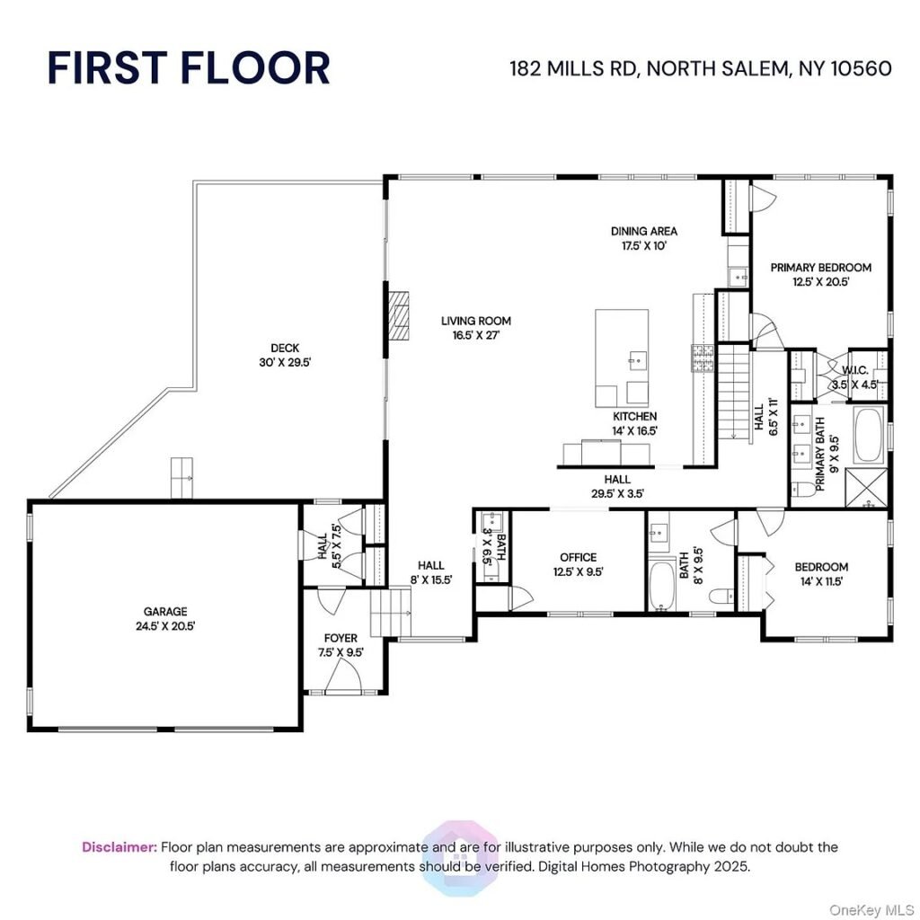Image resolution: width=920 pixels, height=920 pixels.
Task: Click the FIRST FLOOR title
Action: (x=189, y=68)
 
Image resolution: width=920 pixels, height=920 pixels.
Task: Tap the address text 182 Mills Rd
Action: (x=574, y=68)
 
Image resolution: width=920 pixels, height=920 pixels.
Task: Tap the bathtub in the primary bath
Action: (x=869, y=435)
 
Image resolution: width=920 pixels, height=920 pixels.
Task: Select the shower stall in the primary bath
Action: (x=866, y=488)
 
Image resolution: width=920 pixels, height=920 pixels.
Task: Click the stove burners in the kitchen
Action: (x=703, y=358)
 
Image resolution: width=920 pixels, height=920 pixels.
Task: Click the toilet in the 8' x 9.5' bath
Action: (x=721, y=597)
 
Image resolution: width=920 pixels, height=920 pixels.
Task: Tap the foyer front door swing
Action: (x=343, y=675)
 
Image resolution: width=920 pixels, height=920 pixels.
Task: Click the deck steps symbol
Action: (x=181, y=478)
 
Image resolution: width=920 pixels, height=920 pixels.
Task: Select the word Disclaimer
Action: (x=119, y=846)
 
